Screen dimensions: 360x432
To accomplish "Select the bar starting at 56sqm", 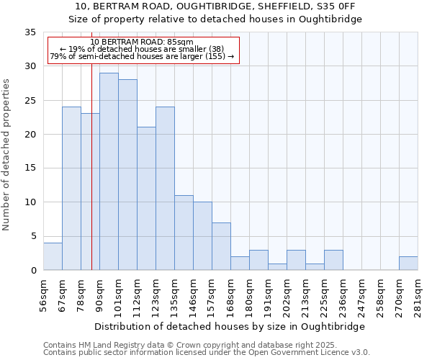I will click(53, 256).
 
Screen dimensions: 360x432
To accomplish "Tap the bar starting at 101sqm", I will click(127, 175).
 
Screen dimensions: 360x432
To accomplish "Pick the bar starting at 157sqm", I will click(221, 246).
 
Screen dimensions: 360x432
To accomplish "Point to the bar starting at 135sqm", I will click(184, 233).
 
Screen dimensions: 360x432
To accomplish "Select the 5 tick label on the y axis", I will click(32, 236).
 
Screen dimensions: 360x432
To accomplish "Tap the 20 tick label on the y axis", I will click(30, 135).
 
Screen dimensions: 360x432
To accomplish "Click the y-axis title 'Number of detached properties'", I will click(7, 155).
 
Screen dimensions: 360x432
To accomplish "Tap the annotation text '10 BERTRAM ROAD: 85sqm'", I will click(142, 42).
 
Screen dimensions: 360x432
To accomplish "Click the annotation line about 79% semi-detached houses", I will click(142, 56).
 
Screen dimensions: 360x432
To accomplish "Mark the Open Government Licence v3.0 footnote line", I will click(207, 353).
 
